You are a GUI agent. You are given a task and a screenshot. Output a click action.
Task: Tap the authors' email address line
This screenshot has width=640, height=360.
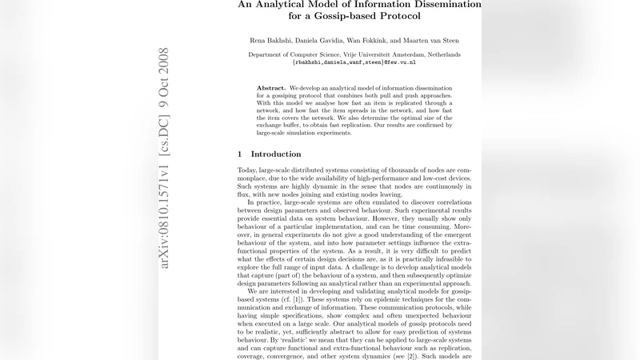tap(354, 62)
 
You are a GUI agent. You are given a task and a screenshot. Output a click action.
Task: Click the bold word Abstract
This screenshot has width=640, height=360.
tap(271, 87)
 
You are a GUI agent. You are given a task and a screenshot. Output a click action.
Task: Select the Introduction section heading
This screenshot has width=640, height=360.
tap(276, 154)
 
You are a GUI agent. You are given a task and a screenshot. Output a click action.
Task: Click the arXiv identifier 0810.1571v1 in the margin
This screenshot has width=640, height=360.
tap(165, 204)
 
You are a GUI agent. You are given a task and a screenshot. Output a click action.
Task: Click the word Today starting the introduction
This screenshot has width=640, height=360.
tap(249, 170)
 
